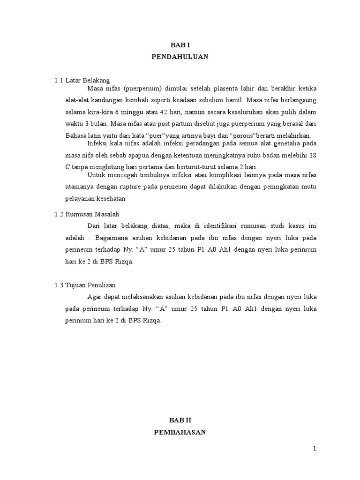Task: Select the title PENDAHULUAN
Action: point(180,57)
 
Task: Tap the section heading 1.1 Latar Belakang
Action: point(82,80)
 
